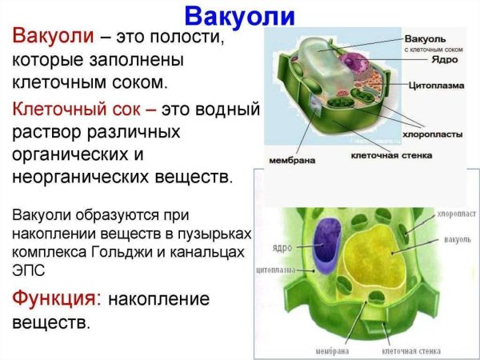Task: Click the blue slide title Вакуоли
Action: click(240, 15)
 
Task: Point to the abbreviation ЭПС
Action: click(27, 268)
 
